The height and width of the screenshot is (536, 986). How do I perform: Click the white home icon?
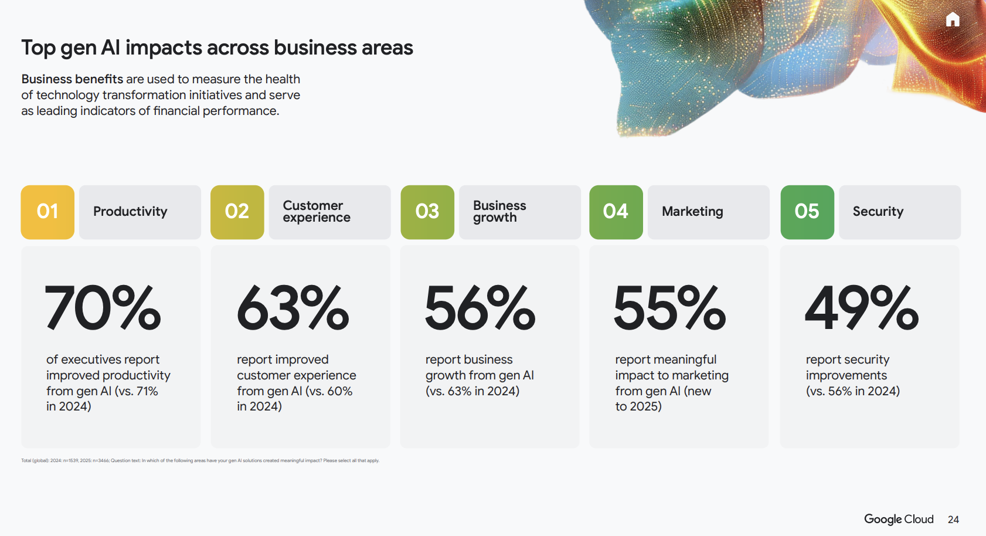click(x=953, y=20)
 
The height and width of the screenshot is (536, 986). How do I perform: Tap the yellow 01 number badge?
click(x=47, y=212)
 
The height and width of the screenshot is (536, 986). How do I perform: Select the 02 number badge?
click(x=237, y=212)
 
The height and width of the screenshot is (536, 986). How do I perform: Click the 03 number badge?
click(x=427, y=212)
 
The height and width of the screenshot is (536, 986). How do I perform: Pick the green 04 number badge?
click(x=616, y=212)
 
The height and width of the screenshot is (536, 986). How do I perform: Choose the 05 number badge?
click(x=807, y=212)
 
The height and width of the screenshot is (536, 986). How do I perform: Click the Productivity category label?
click(x=130, y=212)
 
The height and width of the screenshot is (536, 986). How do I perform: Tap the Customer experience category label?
click(x=317, y=212)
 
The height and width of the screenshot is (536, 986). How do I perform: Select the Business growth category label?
click(x=499, y=212)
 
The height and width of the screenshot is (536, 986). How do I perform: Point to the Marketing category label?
click(x=692, y=212)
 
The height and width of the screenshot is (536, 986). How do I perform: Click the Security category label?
click(x=878, y=212)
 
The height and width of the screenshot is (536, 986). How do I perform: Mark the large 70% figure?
click(x=103, y=308)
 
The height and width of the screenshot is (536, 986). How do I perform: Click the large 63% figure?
click(x=293, y=308)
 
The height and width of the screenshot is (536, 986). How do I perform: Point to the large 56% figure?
click(x=480, y=308)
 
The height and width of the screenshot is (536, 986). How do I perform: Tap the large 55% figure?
click(x=669, y=308)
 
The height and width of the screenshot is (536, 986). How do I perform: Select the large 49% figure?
click(x=861, y=308)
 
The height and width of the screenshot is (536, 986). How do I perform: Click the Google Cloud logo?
click(x=899, y=519)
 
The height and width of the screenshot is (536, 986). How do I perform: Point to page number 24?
click(x=953, y=520)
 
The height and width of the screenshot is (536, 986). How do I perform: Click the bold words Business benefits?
click(x=72, y=79)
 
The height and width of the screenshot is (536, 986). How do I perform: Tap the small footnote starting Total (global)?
click(x=200, y=461)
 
